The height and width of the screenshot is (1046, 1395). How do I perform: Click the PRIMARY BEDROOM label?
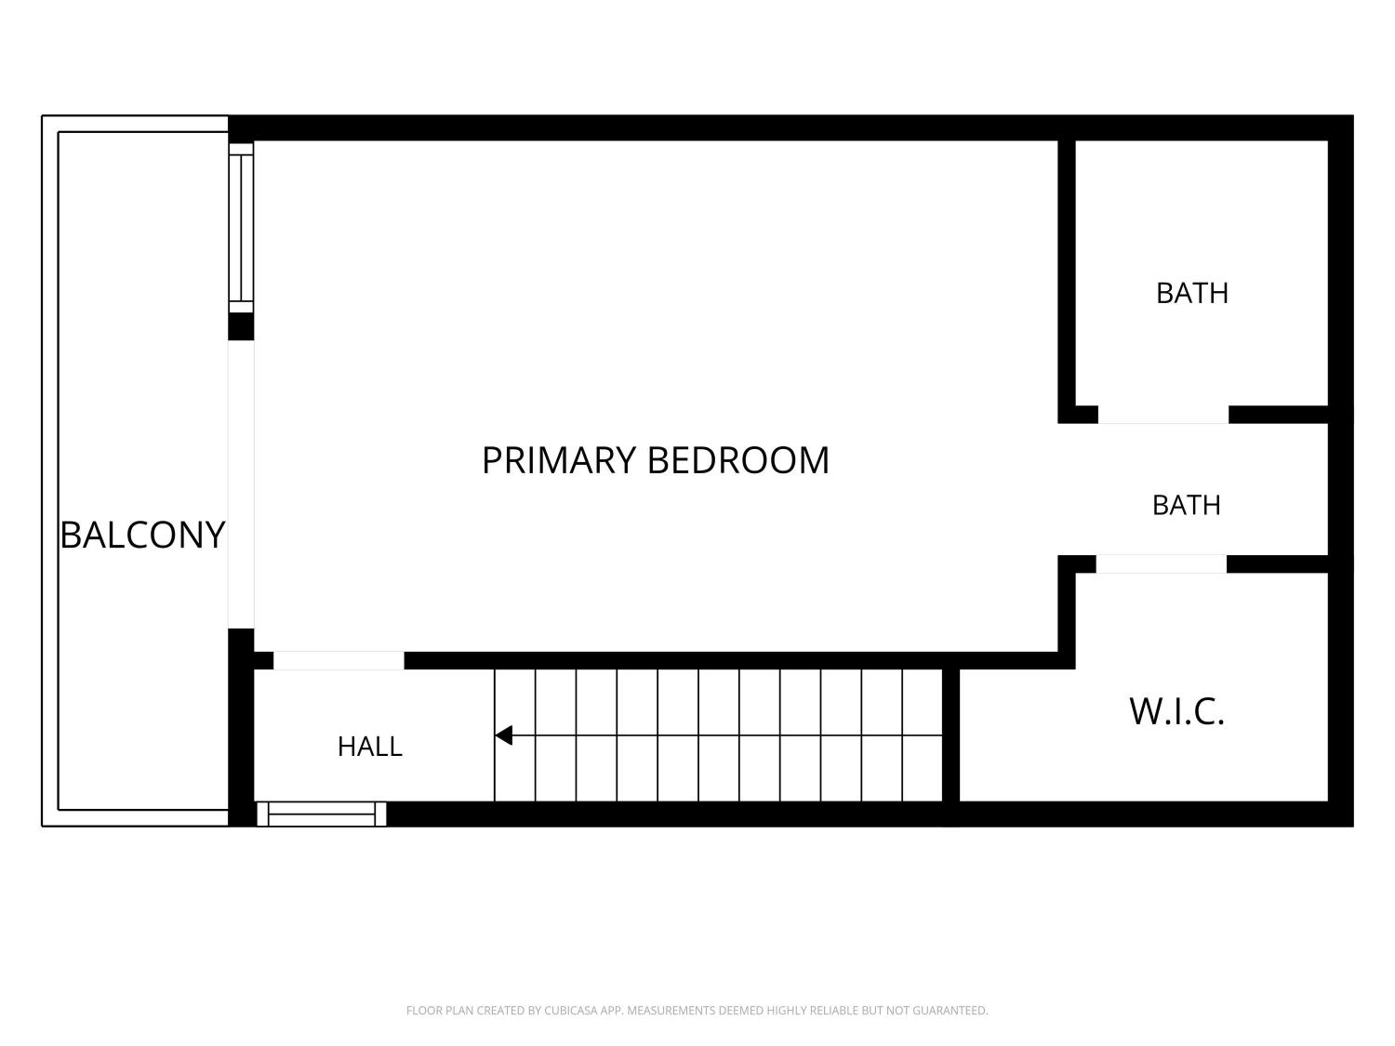(x=656, y=460)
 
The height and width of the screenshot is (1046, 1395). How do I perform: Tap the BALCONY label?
(x=142, y=534)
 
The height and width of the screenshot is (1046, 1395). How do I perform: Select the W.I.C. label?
(x=1176, y=711)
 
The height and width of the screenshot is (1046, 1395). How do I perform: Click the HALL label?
(x=370, y=747)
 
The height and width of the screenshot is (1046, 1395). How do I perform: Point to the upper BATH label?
(x=1191, y=294)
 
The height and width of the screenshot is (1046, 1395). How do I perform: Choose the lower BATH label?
(x=1186, y=506)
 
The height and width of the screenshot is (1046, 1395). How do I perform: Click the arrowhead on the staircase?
(x=504, y=735)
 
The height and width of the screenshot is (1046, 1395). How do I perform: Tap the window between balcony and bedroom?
(x=241, y=228)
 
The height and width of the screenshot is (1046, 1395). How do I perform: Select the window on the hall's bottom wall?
(x=321, y=814)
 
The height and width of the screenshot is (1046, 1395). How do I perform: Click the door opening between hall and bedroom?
(x=339, y=660)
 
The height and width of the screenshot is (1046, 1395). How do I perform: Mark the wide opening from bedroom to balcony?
(x=242, y=484)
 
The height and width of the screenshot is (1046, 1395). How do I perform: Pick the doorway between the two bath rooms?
(x=1163, y=415)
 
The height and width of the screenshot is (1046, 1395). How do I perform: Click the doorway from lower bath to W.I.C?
(x=1162, y=564)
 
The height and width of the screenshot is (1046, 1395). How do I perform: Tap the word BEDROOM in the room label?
(x=738, y=460)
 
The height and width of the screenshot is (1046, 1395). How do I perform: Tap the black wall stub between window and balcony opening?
(x=241, y=327)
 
